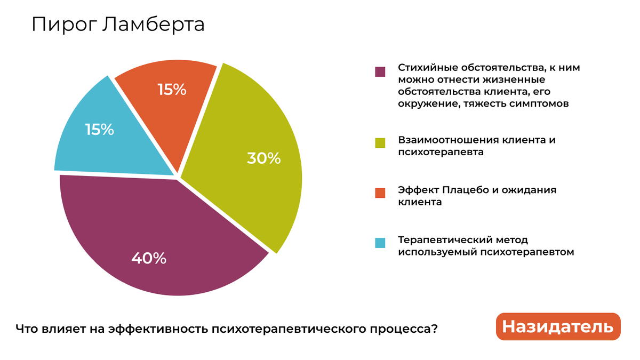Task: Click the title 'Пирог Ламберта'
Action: [x=118, y=25]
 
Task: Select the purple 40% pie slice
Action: [x=160, y=235]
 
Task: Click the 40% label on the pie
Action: [x=149, y=259]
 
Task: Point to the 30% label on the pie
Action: [x=263, y=158]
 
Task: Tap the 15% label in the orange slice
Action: [x=172, y=90]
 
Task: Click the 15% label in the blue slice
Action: [x=100, y=130]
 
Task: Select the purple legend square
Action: [x=380, y=71]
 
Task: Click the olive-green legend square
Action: [x=380, y=143]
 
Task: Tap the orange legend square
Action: [x=380, y=193]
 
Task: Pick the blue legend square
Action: [x=380, y=243]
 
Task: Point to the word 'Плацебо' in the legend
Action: [x=463, y=190]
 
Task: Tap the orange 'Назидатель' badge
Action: [x=558, y=326]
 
